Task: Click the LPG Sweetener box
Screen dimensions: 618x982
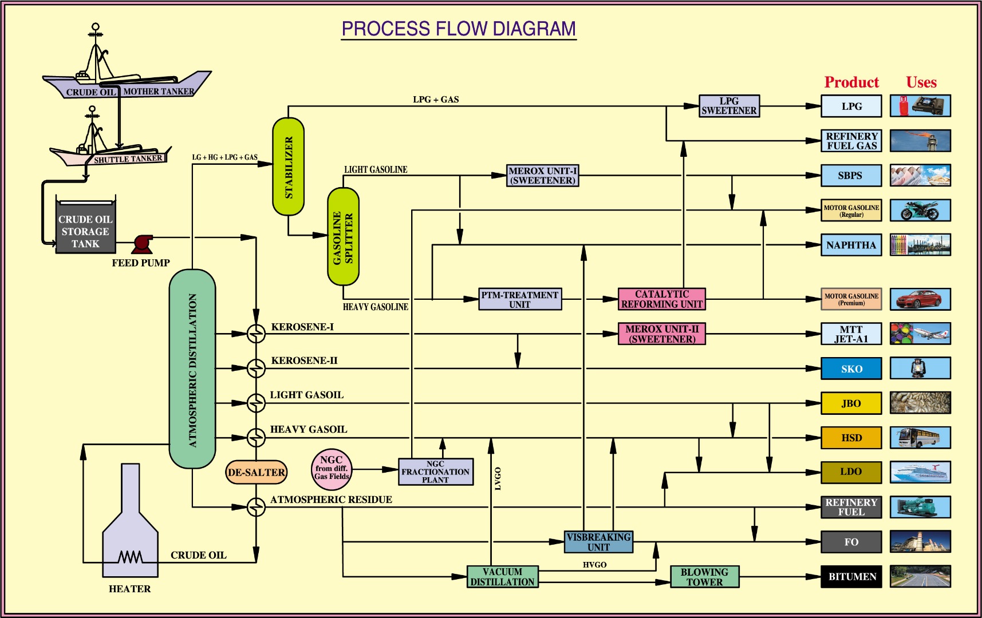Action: [x=729, y=106]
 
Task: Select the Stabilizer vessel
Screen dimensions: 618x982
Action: [x=288, y=167]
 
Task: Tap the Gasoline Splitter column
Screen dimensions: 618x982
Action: [x=343, y=236]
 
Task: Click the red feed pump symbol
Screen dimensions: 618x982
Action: [x=141, y=243]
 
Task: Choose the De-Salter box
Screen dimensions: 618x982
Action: [x=256, y=472]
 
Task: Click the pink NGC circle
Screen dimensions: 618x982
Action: [x=332, y=469]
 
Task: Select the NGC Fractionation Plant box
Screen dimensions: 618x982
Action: [x=435, y=472]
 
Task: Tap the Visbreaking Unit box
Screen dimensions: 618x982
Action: [x=598, y=542]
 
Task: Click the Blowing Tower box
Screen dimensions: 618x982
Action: [x=704, y=577]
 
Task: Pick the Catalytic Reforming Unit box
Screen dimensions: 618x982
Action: [x=661, y=299]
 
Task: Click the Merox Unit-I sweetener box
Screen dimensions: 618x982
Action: [x=542, y=176]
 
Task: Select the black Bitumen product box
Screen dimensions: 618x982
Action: [x=851, y=576]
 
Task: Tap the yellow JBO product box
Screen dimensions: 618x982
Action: [x=851, y=403]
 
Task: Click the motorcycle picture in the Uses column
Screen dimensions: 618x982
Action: [x=920, y=210]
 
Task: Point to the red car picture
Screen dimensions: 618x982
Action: [x=920, y=299]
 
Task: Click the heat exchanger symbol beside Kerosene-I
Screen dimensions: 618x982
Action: [x=256, y=334]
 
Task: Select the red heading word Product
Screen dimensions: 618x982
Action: [x=851, y=82]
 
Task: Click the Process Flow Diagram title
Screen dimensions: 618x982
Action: [x=459, y=29]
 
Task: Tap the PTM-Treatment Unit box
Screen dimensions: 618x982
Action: [x=519, y=299]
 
